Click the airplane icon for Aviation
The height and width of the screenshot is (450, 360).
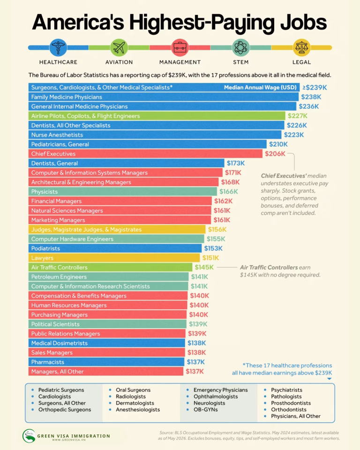[119, 48]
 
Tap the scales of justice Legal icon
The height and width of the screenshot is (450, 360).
[301, 48]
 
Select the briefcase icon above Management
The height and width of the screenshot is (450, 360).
[180, 48]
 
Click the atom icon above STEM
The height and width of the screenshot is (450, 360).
[240, 48]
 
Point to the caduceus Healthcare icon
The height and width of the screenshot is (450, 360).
[58, 48]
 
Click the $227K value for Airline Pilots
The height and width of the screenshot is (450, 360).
[297, 116]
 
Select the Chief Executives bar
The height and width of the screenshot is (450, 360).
[145, 154]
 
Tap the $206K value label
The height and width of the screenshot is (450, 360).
[275, 154]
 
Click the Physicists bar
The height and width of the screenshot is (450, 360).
[123, 192]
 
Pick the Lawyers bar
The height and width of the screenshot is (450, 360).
[114, 258]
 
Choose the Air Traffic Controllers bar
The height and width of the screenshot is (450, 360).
[110, 268]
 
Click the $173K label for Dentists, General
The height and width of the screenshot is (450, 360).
[236, 163]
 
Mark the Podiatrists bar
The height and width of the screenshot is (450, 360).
[115, 248]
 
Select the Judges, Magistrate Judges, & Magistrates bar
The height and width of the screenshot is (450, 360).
[117, 230]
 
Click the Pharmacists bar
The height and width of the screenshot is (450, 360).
[106, 362]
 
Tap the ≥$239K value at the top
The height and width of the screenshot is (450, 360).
[315, 88]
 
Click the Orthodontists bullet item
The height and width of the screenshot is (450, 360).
[289, 410]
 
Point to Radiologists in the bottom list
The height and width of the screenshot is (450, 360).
[131, 397]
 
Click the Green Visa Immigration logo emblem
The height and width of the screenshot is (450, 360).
[29, 436]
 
